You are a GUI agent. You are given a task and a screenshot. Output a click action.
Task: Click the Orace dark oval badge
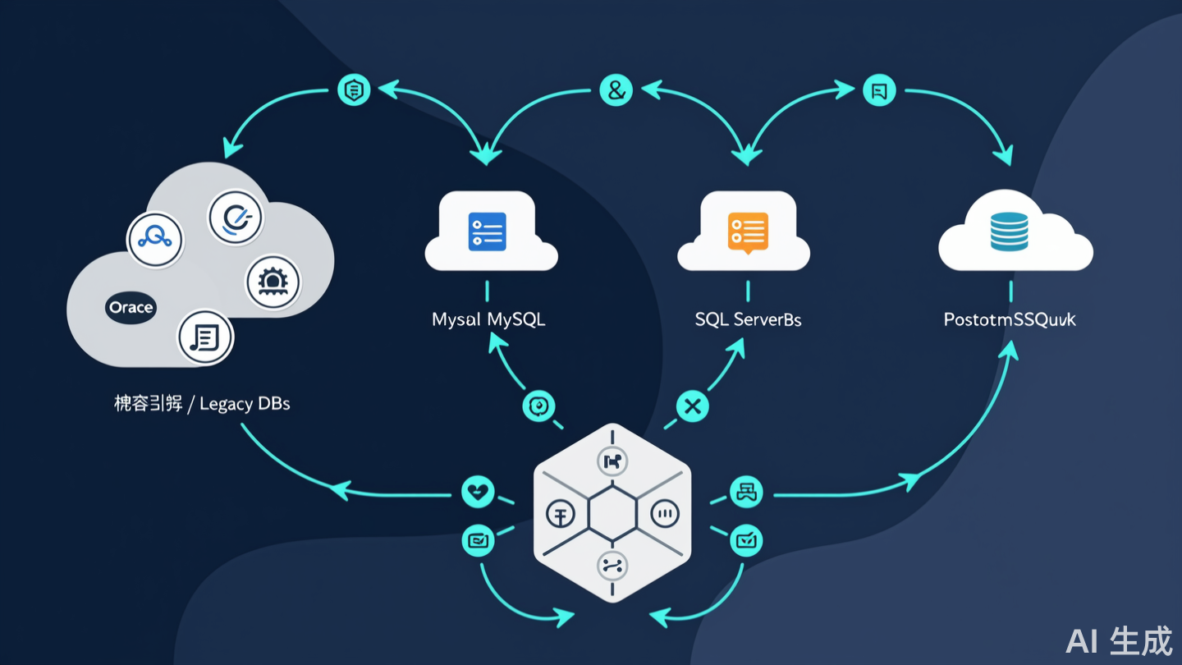pos(131,308)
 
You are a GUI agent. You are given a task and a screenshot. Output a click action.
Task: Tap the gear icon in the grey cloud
pos(273,282)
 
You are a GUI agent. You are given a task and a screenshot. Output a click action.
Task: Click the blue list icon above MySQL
pos(487,231)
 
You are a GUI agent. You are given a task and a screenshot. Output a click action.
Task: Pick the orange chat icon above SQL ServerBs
pos(747,231)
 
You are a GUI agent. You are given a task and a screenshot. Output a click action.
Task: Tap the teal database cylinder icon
pos(1009,231)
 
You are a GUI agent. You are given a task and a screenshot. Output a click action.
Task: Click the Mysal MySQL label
pos(488,319)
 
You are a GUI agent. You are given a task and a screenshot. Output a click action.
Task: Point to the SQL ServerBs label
pos(748,319)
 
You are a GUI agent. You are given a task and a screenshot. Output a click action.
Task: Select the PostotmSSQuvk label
pos(1010,319)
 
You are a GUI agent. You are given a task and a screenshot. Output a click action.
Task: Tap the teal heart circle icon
pos(478,493)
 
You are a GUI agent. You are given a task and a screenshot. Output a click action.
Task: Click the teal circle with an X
pos(692,406)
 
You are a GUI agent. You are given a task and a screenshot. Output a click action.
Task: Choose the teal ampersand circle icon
pos(615,90)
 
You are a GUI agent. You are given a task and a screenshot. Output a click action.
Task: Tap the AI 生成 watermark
pos(1119,641)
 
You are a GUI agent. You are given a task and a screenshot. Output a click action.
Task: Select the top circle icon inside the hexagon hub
pos(612,462)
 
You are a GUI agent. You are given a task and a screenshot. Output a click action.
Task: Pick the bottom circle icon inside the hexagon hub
pos(612,565)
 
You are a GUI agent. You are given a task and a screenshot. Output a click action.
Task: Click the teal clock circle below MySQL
pos(538,406)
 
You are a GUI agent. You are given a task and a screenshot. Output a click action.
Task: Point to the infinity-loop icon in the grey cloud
pos(154,239)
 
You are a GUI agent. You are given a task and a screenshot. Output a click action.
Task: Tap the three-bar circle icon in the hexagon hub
pos(666,515)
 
